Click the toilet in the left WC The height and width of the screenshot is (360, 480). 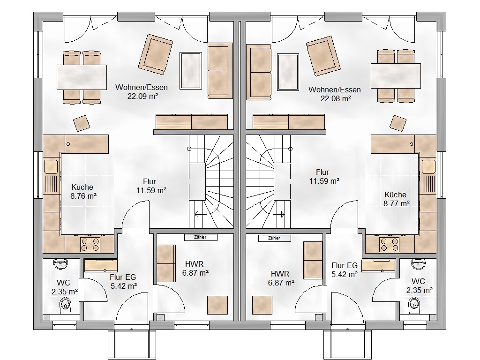[65, 306]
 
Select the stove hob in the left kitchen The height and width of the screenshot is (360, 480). [90, 245]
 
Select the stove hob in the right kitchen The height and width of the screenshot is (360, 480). [389, 245]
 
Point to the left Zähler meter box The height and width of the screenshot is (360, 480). [201, 237]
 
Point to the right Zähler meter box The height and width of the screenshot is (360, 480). [274, 238]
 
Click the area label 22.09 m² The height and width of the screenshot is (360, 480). [142, 96]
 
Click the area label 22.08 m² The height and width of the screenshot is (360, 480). [336, 98]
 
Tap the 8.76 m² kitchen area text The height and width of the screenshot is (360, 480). [83, 196]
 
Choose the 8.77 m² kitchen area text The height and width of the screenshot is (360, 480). [397, 203]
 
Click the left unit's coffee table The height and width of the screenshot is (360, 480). [191, 70]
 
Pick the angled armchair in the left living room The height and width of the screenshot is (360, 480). [155, 54]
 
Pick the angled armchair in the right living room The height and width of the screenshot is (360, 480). [323, 56]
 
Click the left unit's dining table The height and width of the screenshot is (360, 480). [82, 77]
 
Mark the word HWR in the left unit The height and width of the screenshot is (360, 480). [194, 264]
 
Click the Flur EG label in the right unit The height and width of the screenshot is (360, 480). [345, 265]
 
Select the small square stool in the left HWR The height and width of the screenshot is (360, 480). [217, 305]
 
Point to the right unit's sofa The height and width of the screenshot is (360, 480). [259, 72]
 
